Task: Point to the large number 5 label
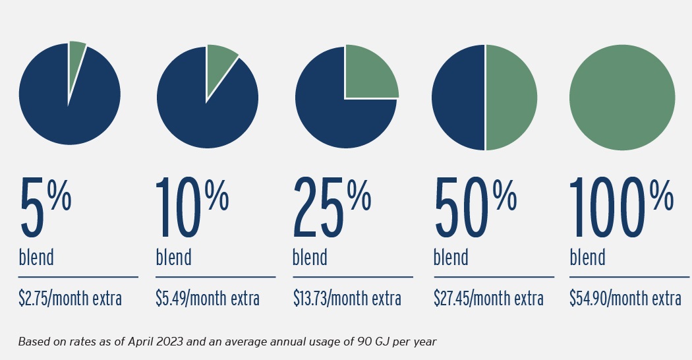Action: click(x=34, y=208)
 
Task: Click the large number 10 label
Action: click(x=178, y=208)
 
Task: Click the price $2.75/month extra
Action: click(x=71, y=299)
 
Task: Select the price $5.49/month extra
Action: click(x=208, y=299)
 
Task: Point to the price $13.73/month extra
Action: click(x=347, y=299)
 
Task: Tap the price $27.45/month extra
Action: click(x=488, y=299)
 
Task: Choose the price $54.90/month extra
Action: click(x=625, y=299)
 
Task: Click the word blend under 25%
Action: click(x=310, y=256)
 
